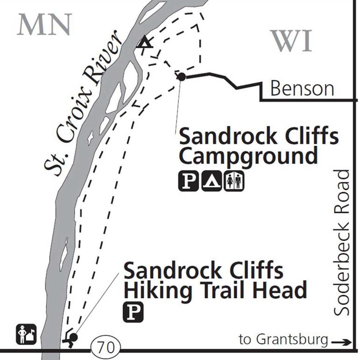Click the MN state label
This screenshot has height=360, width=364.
click(44, 25)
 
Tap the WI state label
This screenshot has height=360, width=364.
click(292, 41)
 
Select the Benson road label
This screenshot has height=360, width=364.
click(302, 89)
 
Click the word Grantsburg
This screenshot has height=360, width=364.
click(290, 340)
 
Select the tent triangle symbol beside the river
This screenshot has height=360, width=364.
click(144, 42)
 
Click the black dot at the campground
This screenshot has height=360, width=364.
click(181, 77)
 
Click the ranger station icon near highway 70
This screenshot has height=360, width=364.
click(26, 334)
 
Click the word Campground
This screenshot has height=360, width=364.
click(248, 156)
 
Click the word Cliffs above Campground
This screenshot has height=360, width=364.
click(306, 136)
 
